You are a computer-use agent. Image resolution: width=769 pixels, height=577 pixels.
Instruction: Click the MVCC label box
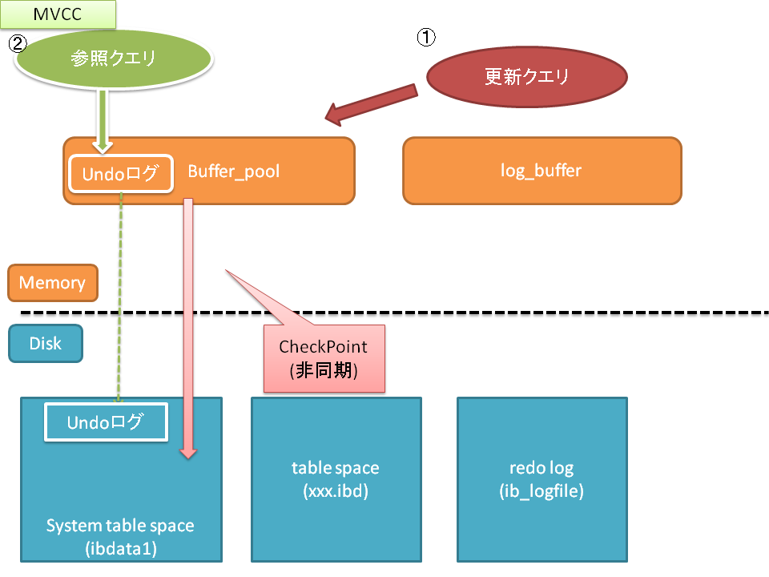click(x=58, y=14)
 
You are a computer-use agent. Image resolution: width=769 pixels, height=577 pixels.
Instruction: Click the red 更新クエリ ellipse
click(x=526, y=77)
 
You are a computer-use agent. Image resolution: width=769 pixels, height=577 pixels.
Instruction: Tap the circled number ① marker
click(x=427, y=38)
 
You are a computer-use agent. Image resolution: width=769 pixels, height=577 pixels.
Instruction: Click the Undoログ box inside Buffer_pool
click(x=121, y=173)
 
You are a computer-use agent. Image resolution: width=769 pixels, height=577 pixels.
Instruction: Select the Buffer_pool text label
click(x=233, y=171)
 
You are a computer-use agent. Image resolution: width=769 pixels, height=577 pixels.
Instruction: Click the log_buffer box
click(x=542, y=170)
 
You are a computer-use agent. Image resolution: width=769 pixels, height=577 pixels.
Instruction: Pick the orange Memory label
click(x=52, y=283)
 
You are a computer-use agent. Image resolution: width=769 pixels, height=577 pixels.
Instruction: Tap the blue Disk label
click(x=45, y=343)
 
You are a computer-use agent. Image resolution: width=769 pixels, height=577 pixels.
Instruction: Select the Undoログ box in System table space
click(x=105, y=422)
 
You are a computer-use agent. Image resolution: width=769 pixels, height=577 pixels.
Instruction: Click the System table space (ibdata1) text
click(x=119, y=537)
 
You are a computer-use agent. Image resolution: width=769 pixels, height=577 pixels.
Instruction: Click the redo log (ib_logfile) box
click(x=542, y=478)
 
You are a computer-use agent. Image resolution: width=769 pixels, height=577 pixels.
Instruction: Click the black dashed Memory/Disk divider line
click(x=481, y=312)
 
